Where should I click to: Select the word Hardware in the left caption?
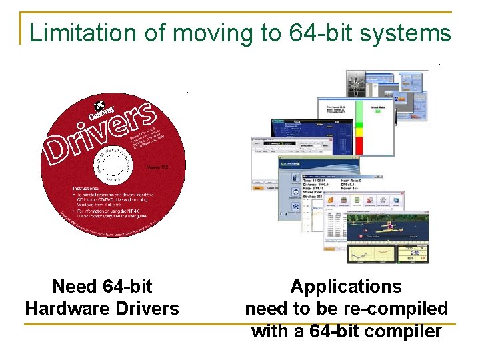pyautogui.click(x=64, y=308)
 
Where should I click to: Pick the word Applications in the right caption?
pyautogui.click(x=346, y=287)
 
